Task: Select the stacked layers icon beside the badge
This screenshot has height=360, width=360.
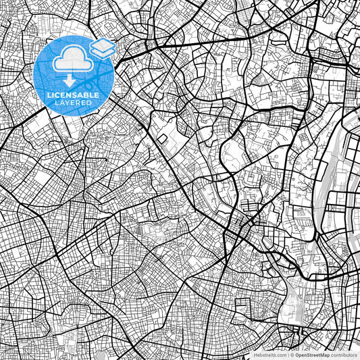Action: pyautogui.click(x=103, y=48)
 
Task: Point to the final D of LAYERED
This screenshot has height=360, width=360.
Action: pyautogui.click(x=90, y=102)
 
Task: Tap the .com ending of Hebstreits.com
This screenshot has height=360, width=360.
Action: pyautogui.click(x=281, y=354)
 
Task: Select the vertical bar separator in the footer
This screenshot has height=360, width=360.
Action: pyautogui.click(x=288, y=354)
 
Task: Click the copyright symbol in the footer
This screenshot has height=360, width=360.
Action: pyautogui.click(x=292, y=354)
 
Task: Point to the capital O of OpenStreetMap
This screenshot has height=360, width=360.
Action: pyautogui.click(x=297, y=354)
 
